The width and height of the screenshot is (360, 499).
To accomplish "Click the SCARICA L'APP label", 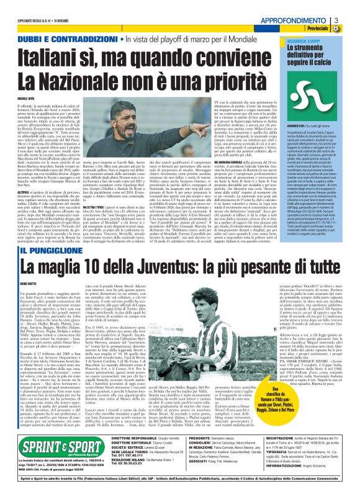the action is (302, 40).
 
